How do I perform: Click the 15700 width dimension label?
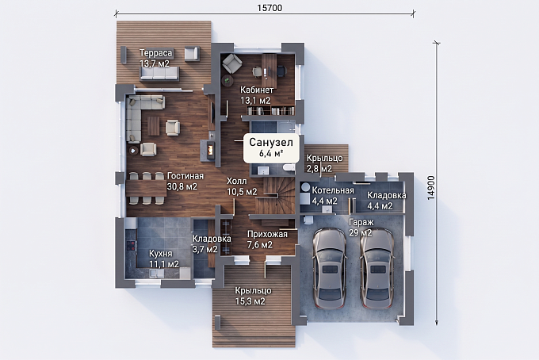pyautogui.click(x=269, y=8)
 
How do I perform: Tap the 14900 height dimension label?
pyautogui.click(x=431, y=188)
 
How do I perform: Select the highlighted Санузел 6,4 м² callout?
pyautogui.click(x=271, y=147)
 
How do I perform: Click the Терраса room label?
pyautogui.click(x=155, y=53)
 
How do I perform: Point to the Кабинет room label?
pyautogui.click(x=257, y=90)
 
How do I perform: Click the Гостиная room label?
pyautogui.click(x=185, y=176)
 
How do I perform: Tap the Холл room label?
pyautogui.click(x=236, y=181)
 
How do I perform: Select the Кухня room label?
pyautogui.click(x=161, y=254)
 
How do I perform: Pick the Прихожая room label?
pyautogui.click(x=267, y=234)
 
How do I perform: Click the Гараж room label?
pyautogui.click(x=361, y=222)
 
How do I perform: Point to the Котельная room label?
pyautogui.click(x=333, y=190)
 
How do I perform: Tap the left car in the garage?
pyautogui.click(x=329, y=268)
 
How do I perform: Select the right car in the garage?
pyautogui.click(x=377, y=268)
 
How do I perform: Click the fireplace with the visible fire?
pyautogui.click(x=210, y=150)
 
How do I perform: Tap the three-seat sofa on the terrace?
pyautogui.click(x=159, y=74)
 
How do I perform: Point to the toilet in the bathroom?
pyautogui.click(x=289, y=167)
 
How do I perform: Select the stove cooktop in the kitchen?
pyautogui.click(x=131, y=246)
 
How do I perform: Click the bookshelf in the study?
pyautogui.click(x=271, y=110)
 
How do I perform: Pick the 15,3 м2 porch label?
pyautogui.click(x=250, y=301)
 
